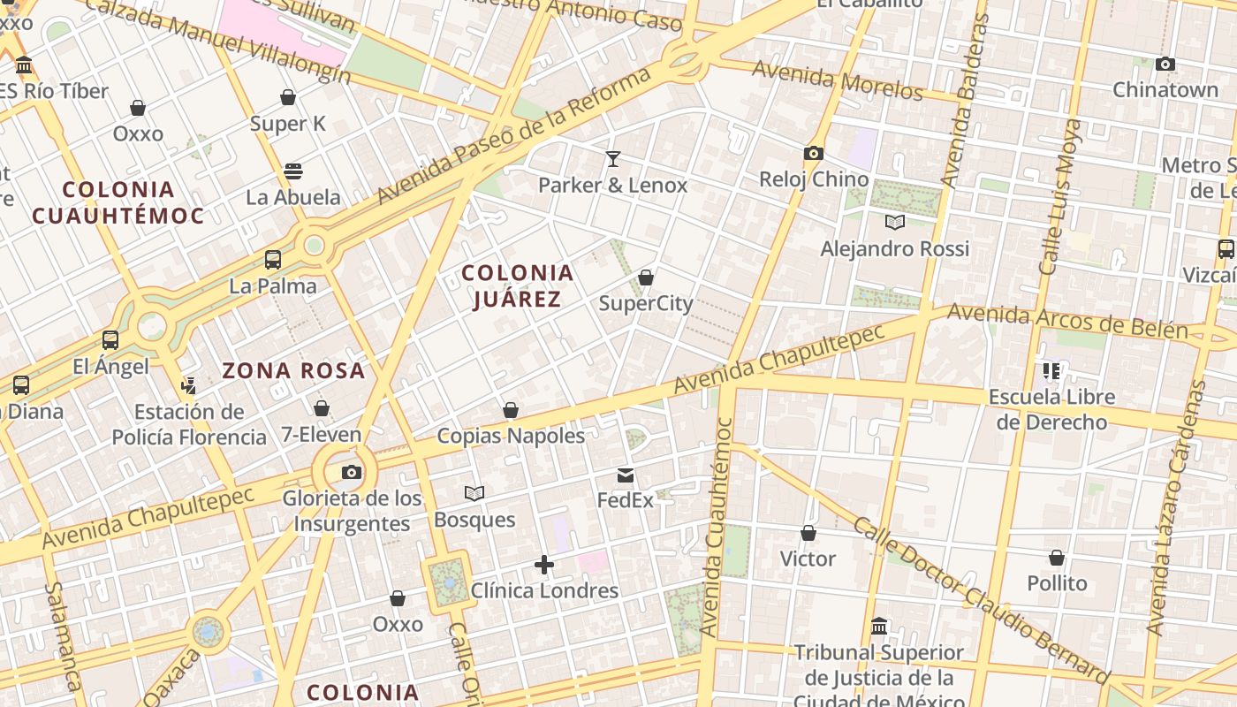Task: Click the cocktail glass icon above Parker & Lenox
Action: point(612,159)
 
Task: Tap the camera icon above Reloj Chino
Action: point(814,153)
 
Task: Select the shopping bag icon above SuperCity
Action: point(646,277)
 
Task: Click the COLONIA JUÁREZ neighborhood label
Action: point(518,285)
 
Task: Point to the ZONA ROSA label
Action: point(293,370)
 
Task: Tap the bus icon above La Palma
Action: point(273,260)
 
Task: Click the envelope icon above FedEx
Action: point(626,475)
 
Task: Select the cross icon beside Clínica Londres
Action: point(544,565)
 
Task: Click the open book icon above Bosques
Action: point(474,493)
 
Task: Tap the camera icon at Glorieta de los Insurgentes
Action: point(352,472)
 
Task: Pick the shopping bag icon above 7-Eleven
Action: point(322,408)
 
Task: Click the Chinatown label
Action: point(1165,89)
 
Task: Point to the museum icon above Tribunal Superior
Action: point(879,627)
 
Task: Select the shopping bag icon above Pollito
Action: point(1057,558)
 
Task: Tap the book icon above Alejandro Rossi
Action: point(895,222)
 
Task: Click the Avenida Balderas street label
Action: point(963,102)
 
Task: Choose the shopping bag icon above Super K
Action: point(288,97)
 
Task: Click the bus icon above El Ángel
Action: point(110,340)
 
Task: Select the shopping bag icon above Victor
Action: point(808,533)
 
